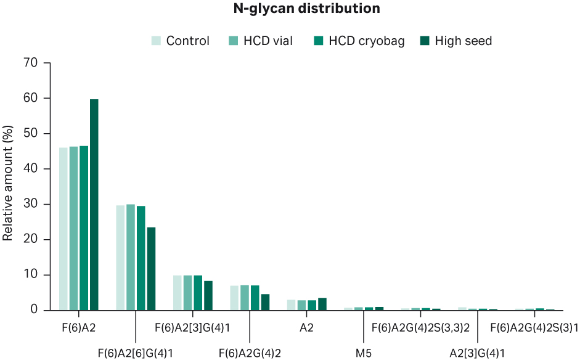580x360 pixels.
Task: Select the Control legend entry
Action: point(181,41)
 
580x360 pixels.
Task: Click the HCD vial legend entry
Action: point(260,41)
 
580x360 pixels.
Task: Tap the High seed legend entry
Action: point(456,41)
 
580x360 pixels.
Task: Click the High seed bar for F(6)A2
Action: point(94,204)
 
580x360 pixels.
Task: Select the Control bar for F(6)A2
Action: point(63,228)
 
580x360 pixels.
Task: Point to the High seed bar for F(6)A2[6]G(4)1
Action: point(151,268)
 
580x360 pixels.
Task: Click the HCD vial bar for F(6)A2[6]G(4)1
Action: point(131,256)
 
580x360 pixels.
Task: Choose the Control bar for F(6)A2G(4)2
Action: point(235,297)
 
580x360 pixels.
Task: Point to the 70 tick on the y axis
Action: point(31,63)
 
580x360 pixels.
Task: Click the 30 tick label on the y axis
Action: point(31,204)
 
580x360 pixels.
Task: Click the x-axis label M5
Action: point(363,353)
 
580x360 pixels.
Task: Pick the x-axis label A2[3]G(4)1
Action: point(477,353)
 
